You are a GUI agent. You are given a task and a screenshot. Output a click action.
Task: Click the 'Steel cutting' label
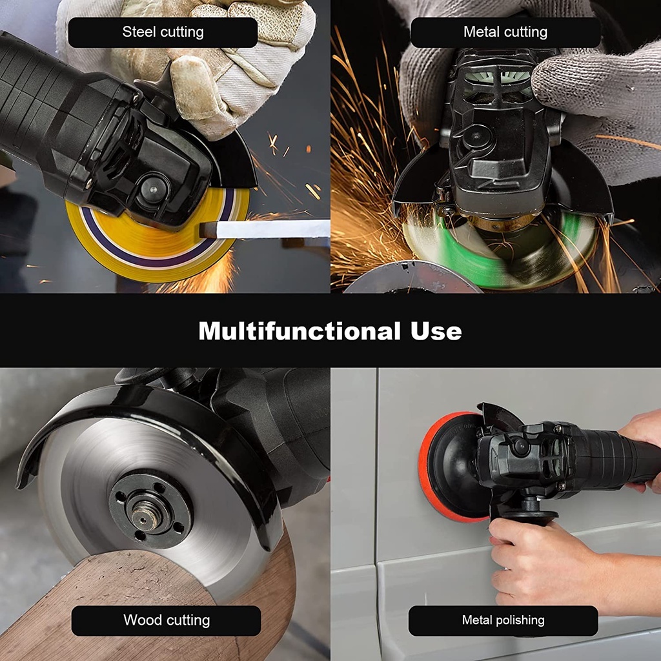163,32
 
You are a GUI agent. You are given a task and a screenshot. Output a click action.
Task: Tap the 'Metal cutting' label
505,32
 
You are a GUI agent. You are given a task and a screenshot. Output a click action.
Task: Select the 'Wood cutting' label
166,620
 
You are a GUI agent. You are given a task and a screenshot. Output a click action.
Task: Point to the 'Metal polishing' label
503,620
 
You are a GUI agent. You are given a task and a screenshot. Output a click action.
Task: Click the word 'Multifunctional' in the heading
300,331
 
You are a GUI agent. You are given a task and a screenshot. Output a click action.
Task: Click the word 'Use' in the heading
436,331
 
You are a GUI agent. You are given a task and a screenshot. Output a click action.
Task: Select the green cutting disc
498,253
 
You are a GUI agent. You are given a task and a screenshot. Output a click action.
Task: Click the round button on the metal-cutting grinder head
475,137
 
